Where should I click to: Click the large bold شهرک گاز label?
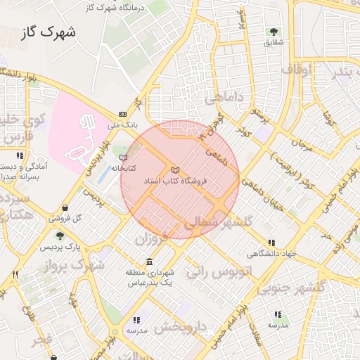(x=49, y=32)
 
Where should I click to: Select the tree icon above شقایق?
(x=274, y=32)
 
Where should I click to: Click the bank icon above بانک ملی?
(x=123, y=114)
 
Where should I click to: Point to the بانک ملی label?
(x=122, y=124)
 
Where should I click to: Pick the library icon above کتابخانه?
(x=124, y=157)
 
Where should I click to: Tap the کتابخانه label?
(x=123, y=168)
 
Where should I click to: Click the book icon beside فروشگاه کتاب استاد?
(x=175, y=170)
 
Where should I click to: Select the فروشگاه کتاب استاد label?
(x=175, y=181)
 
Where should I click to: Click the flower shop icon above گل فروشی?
(x=65, y=207)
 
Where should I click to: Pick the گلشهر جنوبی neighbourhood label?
(x=300, y=287)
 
